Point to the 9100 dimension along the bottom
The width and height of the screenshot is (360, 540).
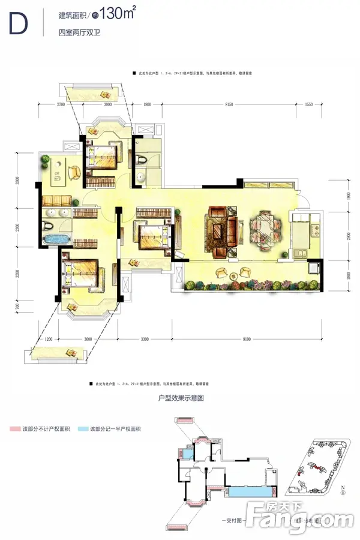coord(247,340)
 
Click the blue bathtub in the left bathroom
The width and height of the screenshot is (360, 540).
coord(54,239)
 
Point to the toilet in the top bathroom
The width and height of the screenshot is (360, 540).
coord(142,159)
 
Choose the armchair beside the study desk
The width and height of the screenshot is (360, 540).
coord(73,172)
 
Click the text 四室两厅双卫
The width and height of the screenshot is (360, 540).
coord(75,32)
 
